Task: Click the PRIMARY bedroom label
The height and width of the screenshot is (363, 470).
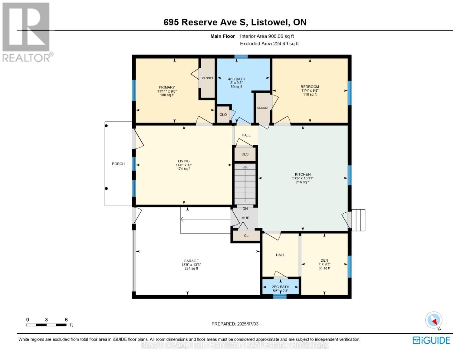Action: tap(167, 87)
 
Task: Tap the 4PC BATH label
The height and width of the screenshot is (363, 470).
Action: tap(236, 79)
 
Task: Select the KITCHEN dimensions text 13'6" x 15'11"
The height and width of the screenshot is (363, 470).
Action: tap(303, 178)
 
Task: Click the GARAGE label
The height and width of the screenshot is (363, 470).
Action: tap(191, 261)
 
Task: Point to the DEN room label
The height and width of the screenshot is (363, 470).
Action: tap(324, 260)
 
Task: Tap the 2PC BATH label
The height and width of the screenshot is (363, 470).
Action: tap(281, 287)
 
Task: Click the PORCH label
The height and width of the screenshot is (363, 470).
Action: tap(118, 164)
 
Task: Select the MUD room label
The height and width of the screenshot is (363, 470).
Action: tap(245, 218)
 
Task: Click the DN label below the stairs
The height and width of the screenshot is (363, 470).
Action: tap(245, 209)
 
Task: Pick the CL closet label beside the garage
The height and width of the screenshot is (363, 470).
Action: tap(246, 236)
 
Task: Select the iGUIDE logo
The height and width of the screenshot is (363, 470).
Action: tap(431, 340)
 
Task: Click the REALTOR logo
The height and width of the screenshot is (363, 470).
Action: tap(27, 32)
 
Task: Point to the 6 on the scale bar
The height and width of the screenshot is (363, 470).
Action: tap(66, 320)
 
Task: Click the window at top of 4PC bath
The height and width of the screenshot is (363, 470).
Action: tap(241, 57)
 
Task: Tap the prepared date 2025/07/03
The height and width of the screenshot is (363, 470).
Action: tap(248, 324)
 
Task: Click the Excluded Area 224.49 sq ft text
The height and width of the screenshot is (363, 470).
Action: tap(269, 44)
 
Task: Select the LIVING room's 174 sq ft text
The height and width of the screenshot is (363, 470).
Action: tap(184, 169)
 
